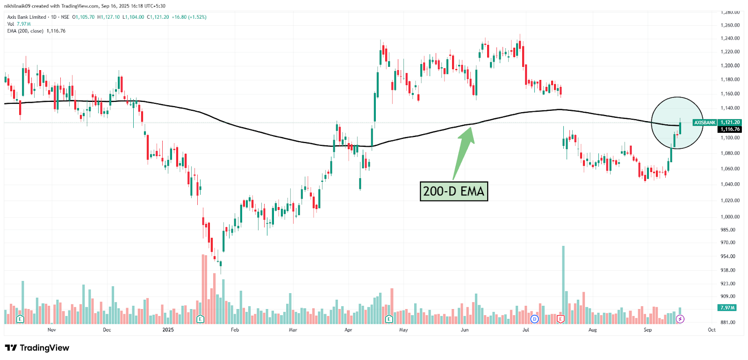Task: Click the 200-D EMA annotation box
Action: [x=453, y=191]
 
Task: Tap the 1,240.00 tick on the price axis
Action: [x=730, y=38]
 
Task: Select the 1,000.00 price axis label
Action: [x=730, y=217]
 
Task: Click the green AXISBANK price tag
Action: [x=705, y=122]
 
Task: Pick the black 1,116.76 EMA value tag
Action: [x=730, y=130]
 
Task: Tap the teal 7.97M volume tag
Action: [x=727, y=308]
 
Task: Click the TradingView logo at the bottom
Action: [x=37, y=348]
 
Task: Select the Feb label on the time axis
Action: [x=235, y=330]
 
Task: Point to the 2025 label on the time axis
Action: [x=168, y=330]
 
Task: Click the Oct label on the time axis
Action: [x=712, y=330]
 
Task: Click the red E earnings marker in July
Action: [x=561, y=319]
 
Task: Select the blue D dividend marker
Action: [x=535, y=319]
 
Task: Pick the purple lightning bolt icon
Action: [x=680, y=319]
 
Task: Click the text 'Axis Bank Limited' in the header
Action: [x=27, y=17]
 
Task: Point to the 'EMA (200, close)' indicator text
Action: [x=25, y=31]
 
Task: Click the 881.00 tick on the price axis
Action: [x=728, y=323]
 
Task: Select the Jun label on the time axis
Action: [x=464, y=330]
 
